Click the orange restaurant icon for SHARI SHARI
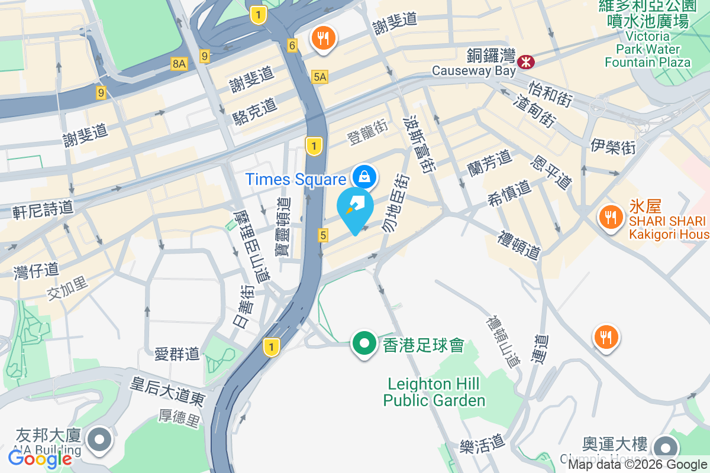tap(609, 216)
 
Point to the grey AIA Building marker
tap(99, 440)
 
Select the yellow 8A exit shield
tap(179, 64)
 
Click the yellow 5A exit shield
tap(320, 76)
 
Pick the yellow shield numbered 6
tap(292, 45)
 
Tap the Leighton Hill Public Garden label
tap(434, 392)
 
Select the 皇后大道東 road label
tap(167, 391)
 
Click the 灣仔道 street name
tap(37, 270)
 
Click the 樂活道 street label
tap(482, 442)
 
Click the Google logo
tap(40, 458)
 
